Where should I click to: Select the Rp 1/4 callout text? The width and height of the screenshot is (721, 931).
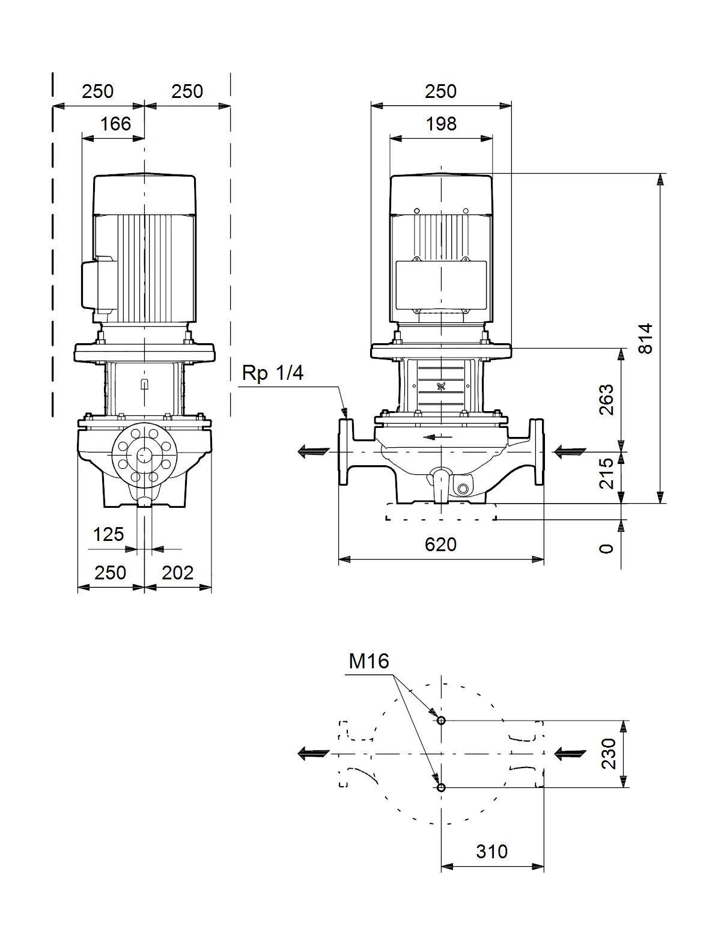click(272, 373)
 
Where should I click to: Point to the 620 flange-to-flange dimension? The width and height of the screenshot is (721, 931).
click(440, 544)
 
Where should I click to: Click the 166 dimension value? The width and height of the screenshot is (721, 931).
click(115, 124)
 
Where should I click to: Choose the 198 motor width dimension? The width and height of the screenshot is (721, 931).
click(441, 124)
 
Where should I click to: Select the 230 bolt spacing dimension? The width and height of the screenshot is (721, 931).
click(609, 754)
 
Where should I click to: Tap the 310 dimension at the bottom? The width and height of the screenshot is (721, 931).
click(491, 852)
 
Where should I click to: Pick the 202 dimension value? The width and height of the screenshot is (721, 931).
click(177, 572)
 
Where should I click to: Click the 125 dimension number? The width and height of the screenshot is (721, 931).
click(108, 534)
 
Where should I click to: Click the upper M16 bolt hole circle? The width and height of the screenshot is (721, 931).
click(441, 720)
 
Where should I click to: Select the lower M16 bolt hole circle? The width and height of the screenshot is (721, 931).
click(441, 787)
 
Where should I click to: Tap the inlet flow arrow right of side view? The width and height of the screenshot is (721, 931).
click(570, 451)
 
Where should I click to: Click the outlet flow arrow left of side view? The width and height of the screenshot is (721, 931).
click(314, 451)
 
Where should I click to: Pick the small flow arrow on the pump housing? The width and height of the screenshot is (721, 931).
click(437, 437)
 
